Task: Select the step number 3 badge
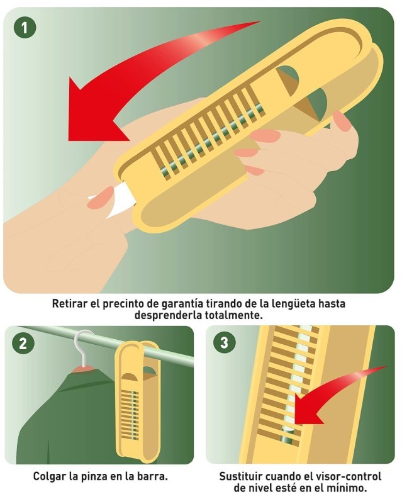pos(225,344)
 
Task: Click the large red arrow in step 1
pos(126,88)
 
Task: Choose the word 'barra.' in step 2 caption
pos(153,476)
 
